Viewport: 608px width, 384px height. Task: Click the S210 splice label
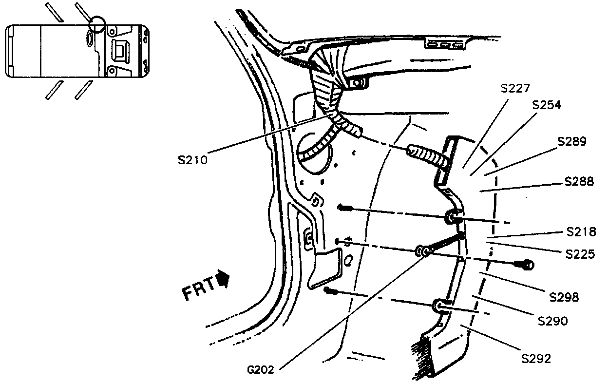tap(192, 159)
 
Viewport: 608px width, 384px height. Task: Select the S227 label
tap(515, 88)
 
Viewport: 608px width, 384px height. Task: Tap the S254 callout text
tap(547, 105)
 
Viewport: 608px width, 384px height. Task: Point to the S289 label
tap(572, 142)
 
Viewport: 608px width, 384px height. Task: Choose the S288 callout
tap(579, 181)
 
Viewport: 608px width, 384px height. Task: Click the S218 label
tap(581, 231)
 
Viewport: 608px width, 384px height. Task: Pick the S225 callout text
tap(580, 254)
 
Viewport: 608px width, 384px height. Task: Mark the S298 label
tap(564, 297)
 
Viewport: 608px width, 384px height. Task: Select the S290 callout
tap(552, 321)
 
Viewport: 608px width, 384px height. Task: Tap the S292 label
tap(536, 359)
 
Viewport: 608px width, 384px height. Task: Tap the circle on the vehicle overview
tap(96, 24)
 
